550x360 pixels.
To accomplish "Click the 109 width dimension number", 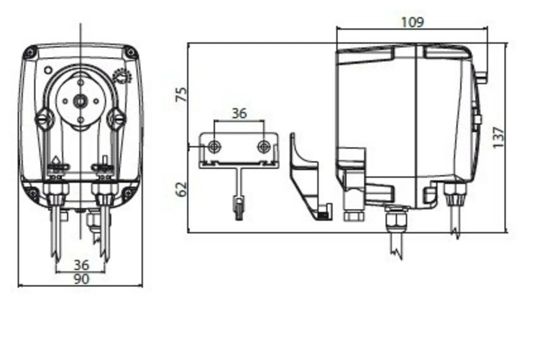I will pyautogui.click(x=412, y=22).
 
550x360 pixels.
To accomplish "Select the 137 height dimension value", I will pyautogui.click(x=498, y=137).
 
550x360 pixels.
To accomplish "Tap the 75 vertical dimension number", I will pyautogui.click(x=182, y=94).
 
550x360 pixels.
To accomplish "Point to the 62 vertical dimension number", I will pyautogui.click(x=182, y=188).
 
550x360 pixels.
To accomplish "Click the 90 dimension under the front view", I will pyautogui.click(x=80, y=278).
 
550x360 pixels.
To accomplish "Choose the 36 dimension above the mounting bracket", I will pyautogui.click(x=239, y=113).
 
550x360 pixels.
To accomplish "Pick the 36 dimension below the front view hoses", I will pyautogui.click(x=80, y=264).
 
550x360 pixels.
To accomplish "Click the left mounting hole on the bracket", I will pyautogui.click(x=214, y=146).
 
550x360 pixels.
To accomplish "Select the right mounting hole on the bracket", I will pyautogui.click(x=264, y=146).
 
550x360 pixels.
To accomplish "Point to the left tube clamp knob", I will pyautogui.click(x=43, y=119).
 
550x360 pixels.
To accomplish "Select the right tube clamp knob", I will pyautogui.click(x=117, y=119).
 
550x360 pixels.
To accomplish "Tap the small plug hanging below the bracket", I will pyautogui.click(x=239, y=206).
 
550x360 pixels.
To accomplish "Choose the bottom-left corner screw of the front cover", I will pyautogui.click(x=31, y=193).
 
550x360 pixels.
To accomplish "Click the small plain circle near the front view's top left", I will pyautogui.click(x=48, y=70).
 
